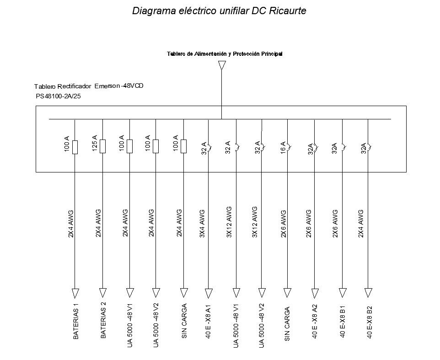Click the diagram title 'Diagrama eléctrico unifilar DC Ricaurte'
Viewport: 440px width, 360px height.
(219, 11)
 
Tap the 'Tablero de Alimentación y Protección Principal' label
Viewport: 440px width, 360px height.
(224, 54)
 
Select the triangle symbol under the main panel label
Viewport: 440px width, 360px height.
(222, 65)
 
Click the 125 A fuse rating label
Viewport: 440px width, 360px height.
(95, 143)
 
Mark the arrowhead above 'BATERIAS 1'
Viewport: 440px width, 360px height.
(75, 293)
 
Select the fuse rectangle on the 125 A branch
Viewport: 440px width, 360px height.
(103, 146)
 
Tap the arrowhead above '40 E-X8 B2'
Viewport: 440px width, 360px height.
(368, 293)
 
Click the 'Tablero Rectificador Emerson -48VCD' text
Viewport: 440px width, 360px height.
(89, 86)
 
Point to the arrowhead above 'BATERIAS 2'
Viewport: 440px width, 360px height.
(103, 293)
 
